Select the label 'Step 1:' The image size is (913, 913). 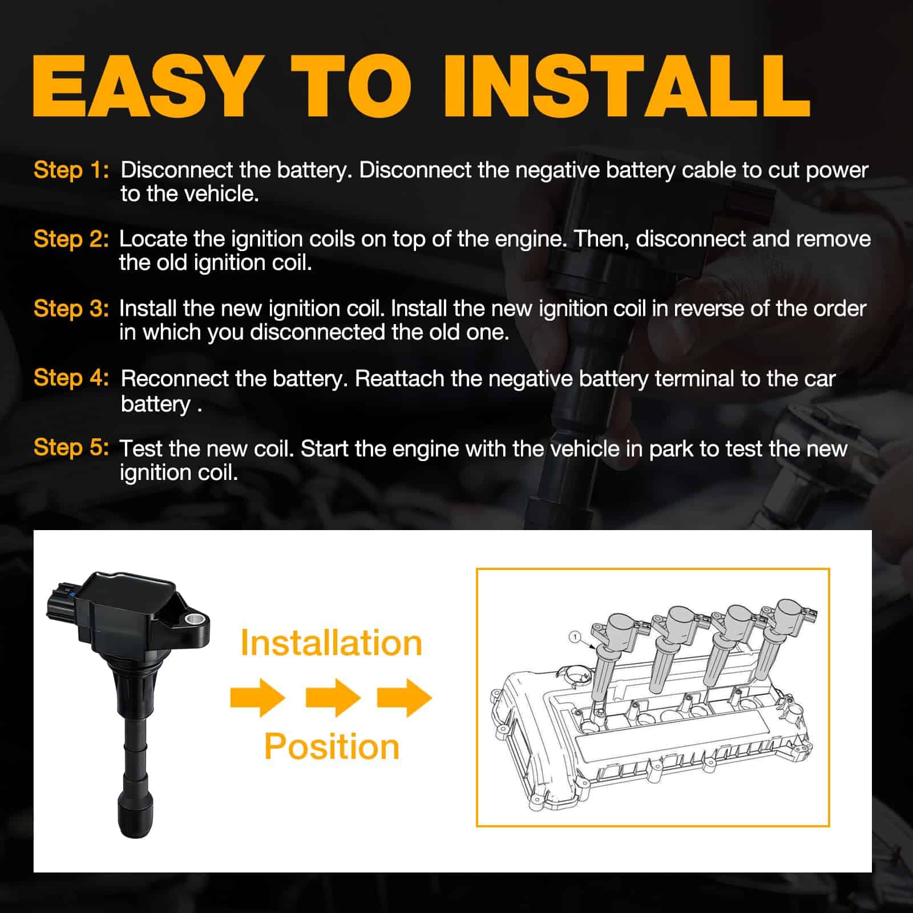click(x=71, y=170)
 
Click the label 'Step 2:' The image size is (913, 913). click(x=71, y=239)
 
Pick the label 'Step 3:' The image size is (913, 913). click(x=71, y=309)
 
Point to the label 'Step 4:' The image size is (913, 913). click(x=71, y=378)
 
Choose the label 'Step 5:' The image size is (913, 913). click(x=71, y=447)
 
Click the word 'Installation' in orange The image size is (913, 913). click(x=331, y=643)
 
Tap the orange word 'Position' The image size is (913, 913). click(x=332, y=747)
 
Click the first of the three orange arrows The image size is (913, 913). click(x=258, y=697)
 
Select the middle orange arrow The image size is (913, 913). click(x=333, y=697)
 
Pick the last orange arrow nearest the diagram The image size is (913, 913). click(x=405, y=697)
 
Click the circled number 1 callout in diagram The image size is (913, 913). click(x=575, y=636)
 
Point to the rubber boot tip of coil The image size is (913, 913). click(x=135, y=816)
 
